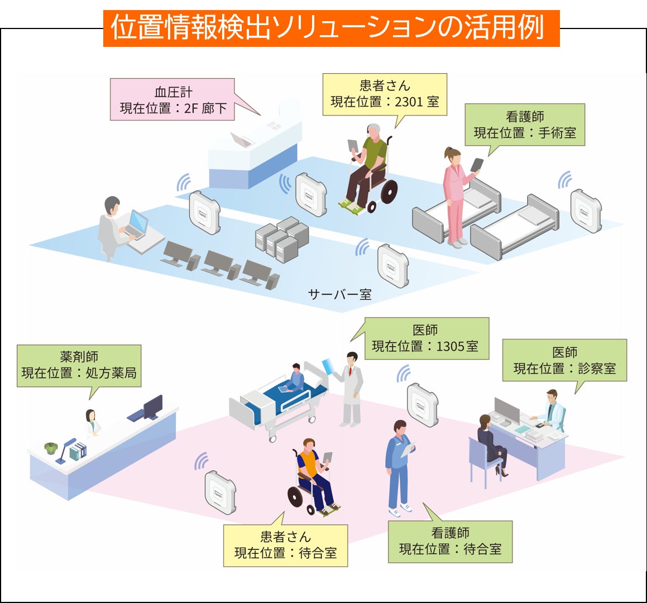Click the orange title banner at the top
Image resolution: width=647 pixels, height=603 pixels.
331,28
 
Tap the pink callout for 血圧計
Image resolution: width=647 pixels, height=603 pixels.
172,100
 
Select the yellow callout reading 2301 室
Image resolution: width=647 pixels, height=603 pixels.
385,94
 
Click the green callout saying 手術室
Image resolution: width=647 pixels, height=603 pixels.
525,125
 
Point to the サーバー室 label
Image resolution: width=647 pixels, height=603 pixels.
339,294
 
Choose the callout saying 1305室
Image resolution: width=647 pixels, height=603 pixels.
425,338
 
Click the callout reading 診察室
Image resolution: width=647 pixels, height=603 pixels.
564,360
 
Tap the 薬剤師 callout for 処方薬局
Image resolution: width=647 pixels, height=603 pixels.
79,365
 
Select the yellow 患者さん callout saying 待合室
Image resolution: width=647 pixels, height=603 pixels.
285,545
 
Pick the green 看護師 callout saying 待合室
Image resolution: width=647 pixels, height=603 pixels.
450,541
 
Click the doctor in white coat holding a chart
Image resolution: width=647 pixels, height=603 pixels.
351,388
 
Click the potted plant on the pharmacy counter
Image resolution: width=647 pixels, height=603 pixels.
51,448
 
